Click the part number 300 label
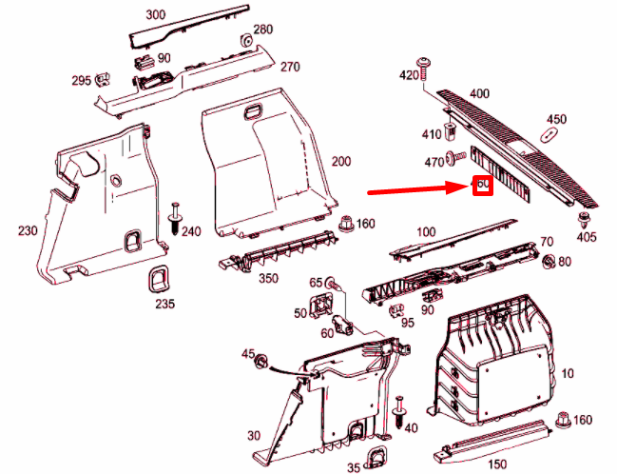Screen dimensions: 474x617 tap(155, 16)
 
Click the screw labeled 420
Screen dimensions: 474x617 tap(425, 66)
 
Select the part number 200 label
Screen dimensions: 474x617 tap(339, 162)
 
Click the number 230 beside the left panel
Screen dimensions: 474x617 tap(28, 230)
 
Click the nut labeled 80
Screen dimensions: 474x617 tap(549, 262)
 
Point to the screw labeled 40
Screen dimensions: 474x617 tap(399, 411)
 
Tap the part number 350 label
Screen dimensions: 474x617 tap(269, 278)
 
